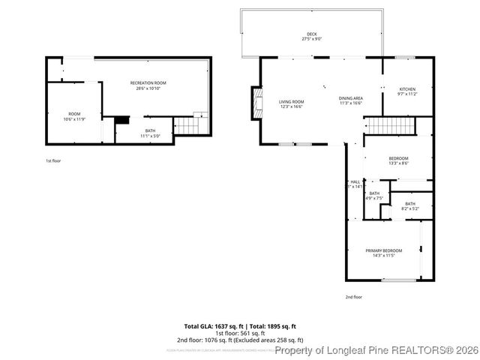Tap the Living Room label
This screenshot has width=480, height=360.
point(292,104)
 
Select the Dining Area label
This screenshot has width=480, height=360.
point(351,100)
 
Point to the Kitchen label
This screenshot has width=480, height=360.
point(407,91)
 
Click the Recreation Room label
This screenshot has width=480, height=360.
point(148,85)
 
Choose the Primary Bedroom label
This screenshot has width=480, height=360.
point(383,253)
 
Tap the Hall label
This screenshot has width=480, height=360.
point(355,184)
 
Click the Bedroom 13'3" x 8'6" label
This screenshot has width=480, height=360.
point(398,160)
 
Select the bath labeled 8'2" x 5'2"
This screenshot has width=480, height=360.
point(410,206)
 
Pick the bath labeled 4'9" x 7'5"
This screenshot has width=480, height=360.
point(373,196)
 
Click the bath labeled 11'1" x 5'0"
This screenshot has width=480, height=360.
point(150,133)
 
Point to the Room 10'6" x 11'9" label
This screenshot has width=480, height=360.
point(74,116)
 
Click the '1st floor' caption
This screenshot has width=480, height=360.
point(54,160)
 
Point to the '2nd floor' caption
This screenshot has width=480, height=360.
point(353,297)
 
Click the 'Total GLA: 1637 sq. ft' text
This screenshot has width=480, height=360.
point(212,326)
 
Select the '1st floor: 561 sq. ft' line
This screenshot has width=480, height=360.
point(240,333)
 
